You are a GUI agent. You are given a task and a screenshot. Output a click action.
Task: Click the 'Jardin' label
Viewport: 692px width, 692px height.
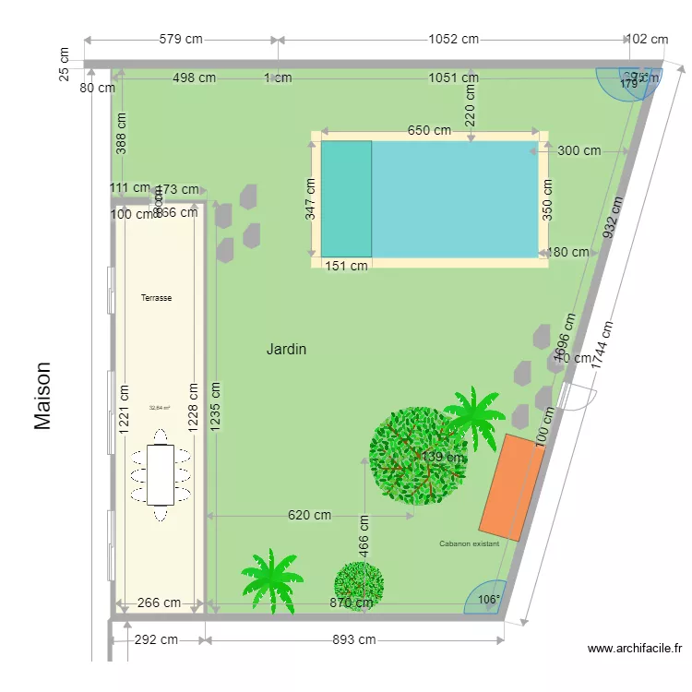[286, 350]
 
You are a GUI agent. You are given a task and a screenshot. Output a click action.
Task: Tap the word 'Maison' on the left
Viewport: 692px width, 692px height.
[43, 395]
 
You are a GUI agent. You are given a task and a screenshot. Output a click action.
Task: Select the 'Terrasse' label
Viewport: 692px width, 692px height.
[157, 298]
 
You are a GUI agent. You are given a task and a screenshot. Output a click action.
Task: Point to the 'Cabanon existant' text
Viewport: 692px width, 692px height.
[470, 544]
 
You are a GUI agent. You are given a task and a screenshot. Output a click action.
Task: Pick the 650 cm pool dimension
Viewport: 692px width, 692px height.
[429, 131]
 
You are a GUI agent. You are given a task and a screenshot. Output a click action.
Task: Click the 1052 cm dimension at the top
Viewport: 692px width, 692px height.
[453, 40]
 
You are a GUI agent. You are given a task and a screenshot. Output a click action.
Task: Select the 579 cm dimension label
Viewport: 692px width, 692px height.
[181, 40]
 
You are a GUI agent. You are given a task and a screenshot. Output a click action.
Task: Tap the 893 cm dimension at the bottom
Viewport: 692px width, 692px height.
[354, 639]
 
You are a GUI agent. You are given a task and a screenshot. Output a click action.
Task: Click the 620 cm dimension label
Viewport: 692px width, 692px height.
[309, 516]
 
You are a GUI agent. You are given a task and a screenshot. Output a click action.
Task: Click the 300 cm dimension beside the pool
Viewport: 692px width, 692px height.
[579, 150]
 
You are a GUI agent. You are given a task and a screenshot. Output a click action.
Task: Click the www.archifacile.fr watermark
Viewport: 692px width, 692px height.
[635, 650]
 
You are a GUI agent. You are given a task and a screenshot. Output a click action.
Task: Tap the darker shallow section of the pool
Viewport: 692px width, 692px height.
[346, 198]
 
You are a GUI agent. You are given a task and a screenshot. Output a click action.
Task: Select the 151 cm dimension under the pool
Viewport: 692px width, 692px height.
[346, 266]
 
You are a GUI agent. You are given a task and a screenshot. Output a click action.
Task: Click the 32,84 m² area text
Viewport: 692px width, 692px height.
[160, 407]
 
